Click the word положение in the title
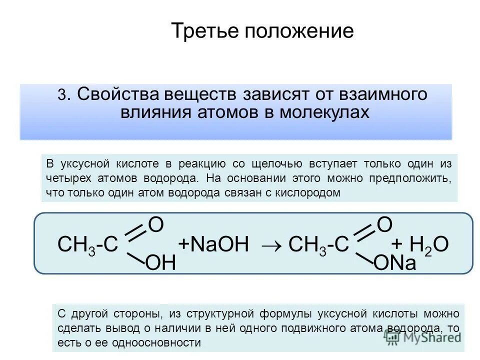tap(298, 32)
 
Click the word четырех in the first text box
tap(63, 178)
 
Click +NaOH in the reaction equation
tap(213, 244)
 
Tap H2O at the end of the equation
tap(429, 244)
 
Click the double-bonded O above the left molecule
tap(156, 225)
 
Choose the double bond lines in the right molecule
tap(364, 233)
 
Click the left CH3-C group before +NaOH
tap(88, 245)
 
